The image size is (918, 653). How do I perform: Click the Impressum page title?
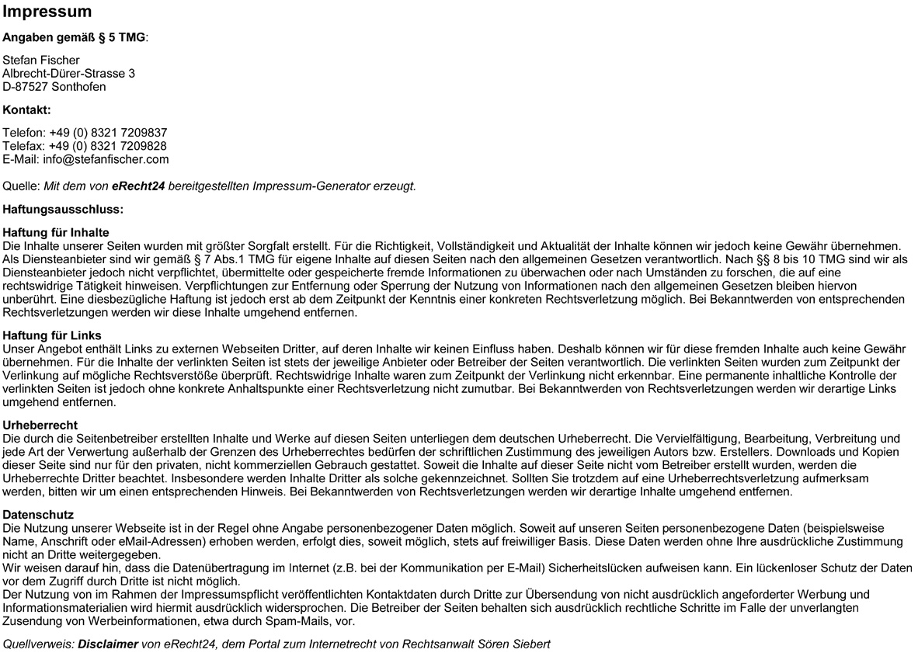pos(47,12)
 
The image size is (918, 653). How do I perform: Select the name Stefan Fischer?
pos(41,60)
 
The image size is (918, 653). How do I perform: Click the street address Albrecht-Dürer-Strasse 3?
pos(68,73)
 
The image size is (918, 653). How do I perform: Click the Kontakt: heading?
pos(26,109)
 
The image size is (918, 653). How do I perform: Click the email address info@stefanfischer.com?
pos(106,159)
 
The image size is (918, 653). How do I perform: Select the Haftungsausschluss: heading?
pos(64,209)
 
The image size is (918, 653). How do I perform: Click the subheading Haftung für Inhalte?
pos(56,232)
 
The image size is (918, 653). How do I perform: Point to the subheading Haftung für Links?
pos(52,335)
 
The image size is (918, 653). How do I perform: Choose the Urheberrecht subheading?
pos(40,425)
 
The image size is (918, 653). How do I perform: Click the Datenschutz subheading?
pos(39,515)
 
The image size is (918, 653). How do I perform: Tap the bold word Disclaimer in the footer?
pos(108,644)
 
